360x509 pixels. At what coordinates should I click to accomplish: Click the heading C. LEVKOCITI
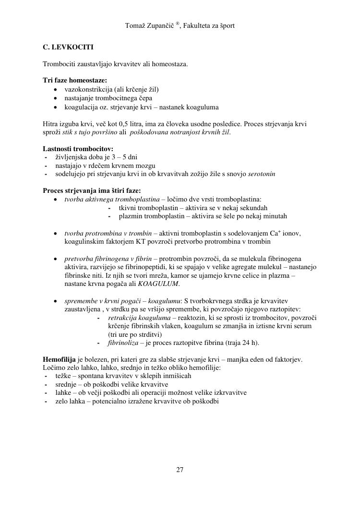click(x=68, y=47)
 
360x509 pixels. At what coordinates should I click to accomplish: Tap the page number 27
click(x=180, y=470)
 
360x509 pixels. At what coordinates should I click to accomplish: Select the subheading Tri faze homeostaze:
click(x=75, y=80)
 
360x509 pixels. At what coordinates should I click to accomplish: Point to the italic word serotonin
click(x=262, y=174)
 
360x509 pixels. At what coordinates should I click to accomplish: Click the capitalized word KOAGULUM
click(x=158, y=284)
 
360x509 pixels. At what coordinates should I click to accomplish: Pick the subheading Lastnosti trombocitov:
click(x=78, y=149)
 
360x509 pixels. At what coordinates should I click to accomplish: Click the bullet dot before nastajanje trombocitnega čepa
click(x=56, y=98)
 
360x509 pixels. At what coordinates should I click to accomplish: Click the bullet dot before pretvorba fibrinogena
click(x=56, y=259)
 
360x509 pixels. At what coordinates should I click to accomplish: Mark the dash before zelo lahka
click(x=46, y=402)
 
